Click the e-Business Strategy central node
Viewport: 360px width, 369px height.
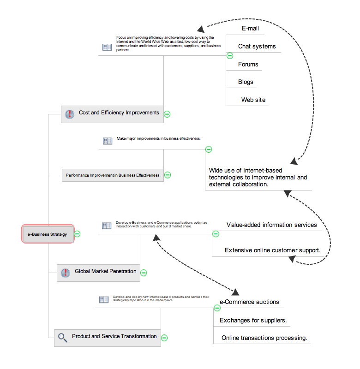coord(47,234)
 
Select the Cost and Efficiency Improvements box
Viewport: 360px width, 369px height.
coord(112,113)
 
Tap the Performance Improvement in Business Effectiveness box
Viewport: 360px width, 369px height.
coord(113,175)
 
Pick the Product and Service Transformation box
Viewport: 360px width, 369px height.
coord(108,337)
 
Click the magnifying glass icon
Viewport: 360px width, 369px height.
coord(62,338)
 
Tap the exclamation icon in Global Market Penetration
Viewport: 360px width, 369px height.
coord(65,273)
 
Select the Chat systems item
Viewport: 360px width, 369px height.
coord(257,46)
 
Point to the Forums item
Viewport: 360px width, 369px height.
coord(248,64)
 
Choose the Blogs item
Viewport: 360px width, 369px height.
coord(246,82)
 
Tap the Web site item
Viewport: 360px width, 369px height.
coord(253,100)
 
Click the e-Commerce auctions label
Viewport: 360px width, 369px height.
coord(249,302)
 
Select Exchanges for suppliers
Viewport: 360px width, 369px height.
coord(253,320)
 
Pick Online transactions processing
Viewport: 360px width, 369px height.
coord(264,338)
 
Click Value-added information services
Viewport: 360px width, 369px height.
coord(271,225)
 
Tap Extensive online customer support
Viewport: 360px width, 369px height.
coord(272,250)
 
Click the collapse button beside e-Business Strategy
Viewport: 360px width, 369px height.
coord(78,234)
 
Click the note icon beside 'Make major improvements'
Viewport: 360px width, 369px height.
coord(108,141)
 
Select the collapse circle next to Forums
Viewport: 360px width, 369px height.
coord(230,56)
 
